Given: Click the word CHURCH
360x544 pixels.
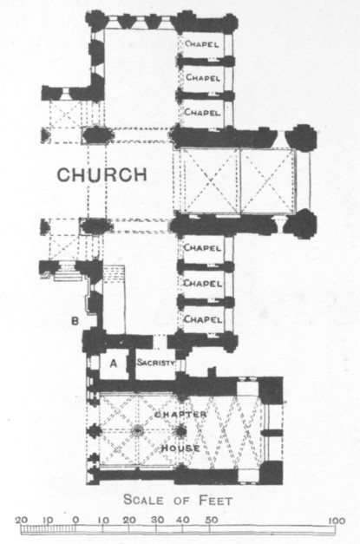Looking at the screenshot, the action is (102, 175).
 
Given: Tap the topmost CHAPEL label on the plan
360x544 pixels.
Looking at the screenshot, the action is (202, 44).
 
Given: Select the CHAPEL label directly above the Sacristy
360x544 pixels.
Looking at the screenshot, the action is (202, 319).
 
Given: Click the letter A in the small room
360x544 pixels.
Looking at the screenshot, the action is (113, 364).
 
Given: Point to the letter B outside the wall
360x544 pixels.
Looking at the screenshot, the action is (75, 321).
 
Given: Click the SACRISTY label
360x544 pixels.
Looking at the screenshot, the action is (156, 363).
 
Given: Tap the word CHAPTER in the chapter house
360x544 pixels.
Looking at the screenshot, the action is (180, 415).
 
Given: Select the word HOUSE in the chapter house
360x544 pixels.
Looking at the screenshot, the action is (180, 449).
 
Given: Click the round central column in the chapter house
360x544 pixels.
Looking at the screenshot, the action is (138, 431).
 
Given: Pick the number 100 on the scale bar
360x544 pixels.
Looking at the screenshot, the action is (337, 521).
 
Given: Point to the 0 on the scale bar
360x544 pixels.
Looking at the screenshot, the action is (76, 521).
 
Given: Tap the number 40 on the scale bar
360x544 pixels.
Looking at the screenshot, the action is (184, 520).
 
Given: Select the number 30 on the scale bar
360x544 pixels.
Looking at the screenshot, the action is (157, 520).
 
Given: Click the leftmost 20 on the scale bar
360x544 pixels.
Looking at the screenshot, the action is (22, 521).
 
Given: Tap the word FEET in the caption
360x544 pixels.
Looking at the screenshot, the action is (215, 501).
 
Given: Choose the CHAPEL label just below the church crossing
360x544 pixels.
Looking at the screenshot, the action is (202, 248).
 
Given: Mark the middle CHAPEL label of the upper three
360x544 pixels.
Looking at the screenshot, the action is (202, 78).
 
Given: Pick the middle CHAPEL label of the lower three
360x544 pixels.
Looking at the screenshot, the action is (202, 284).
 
